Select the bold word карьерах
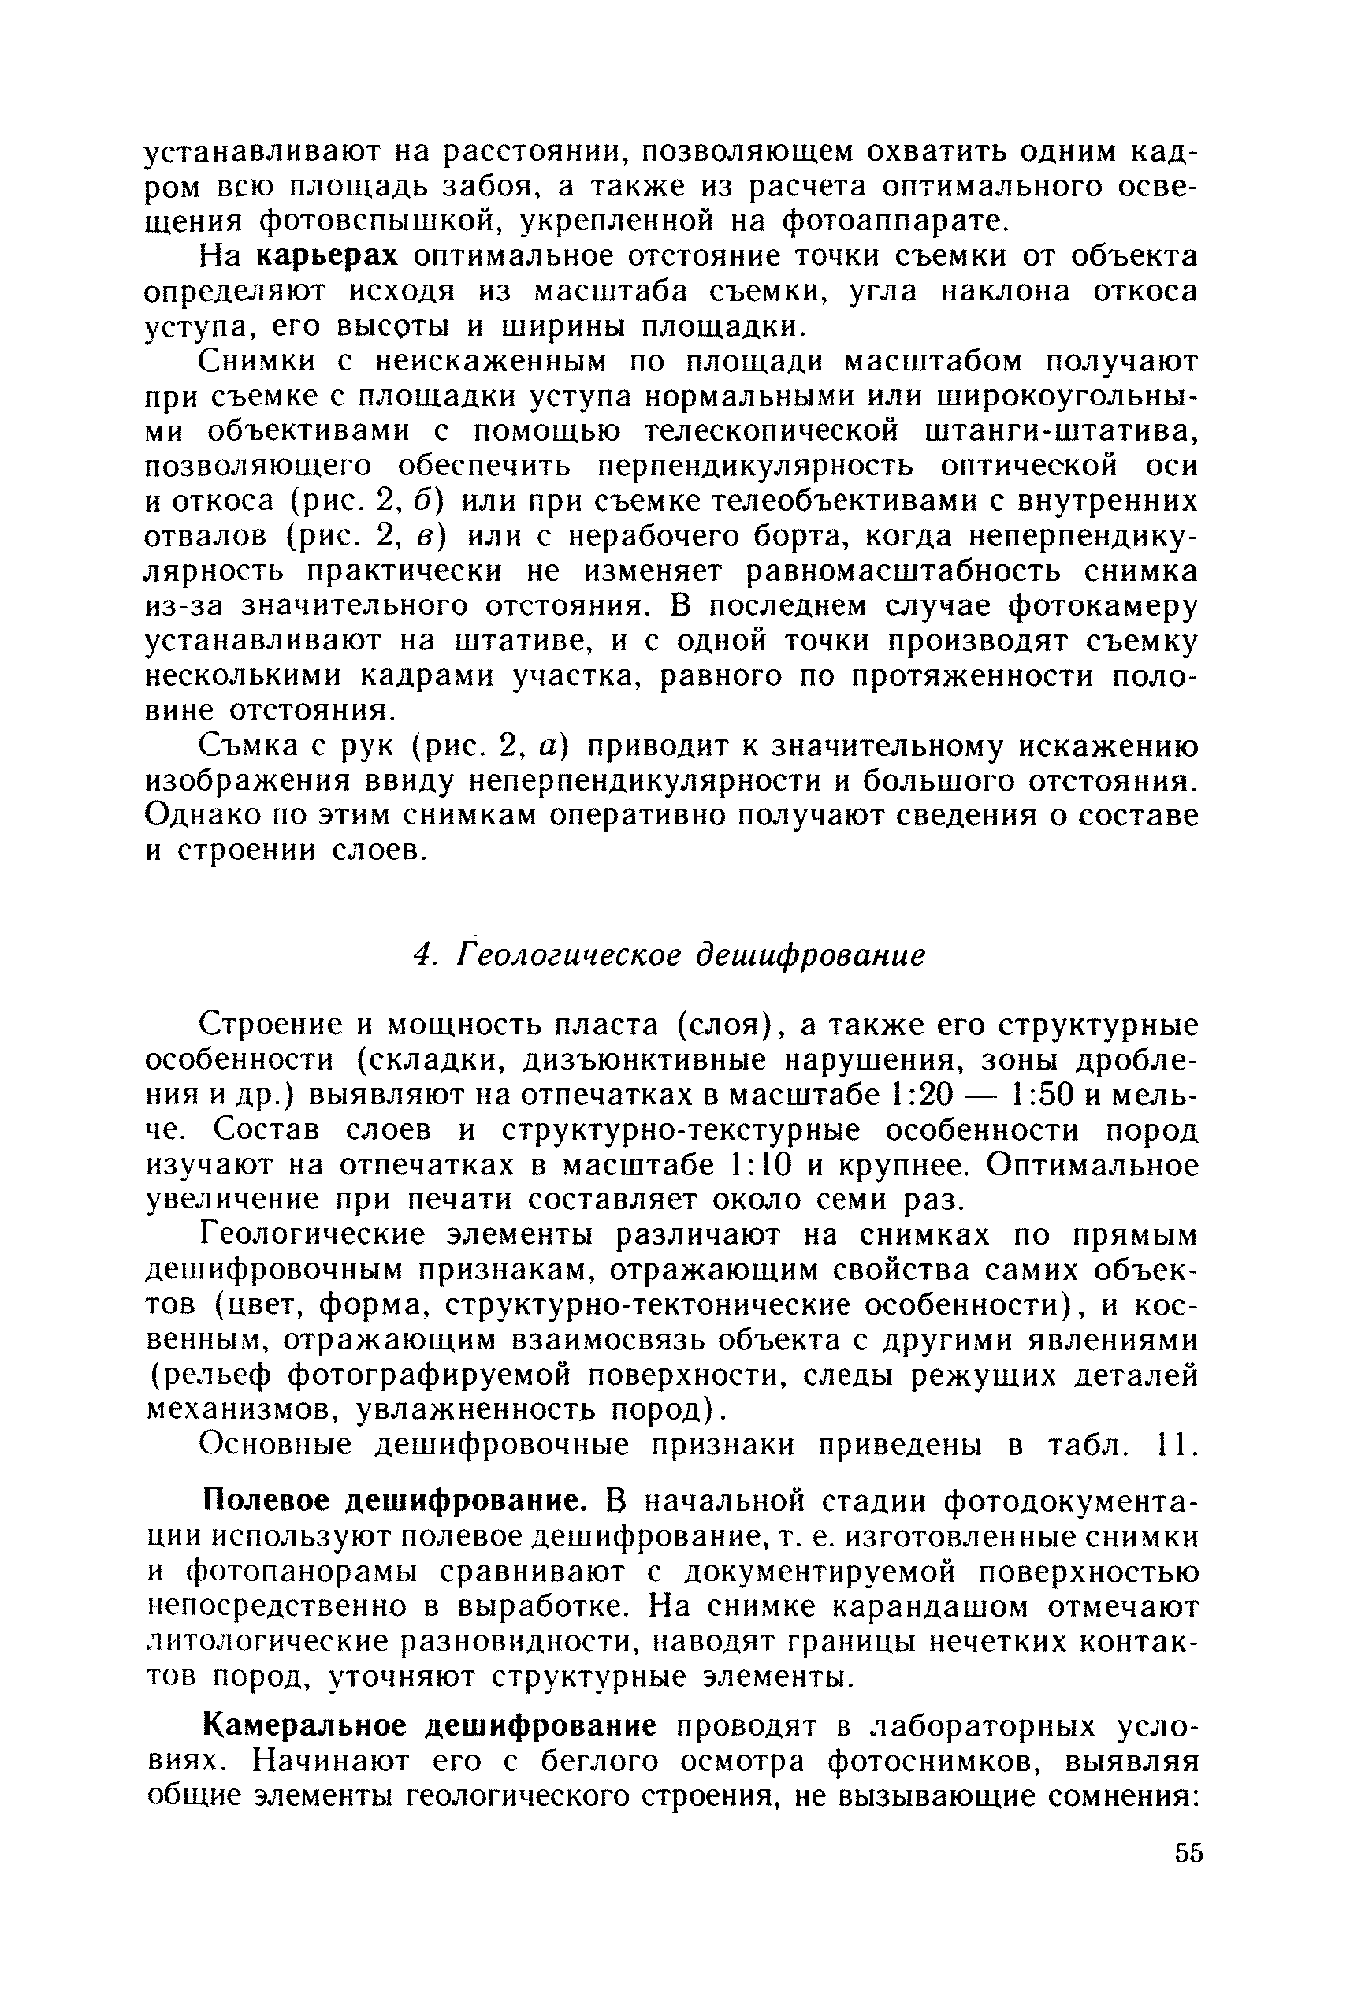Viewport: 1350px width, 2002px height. coord(328,257)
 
